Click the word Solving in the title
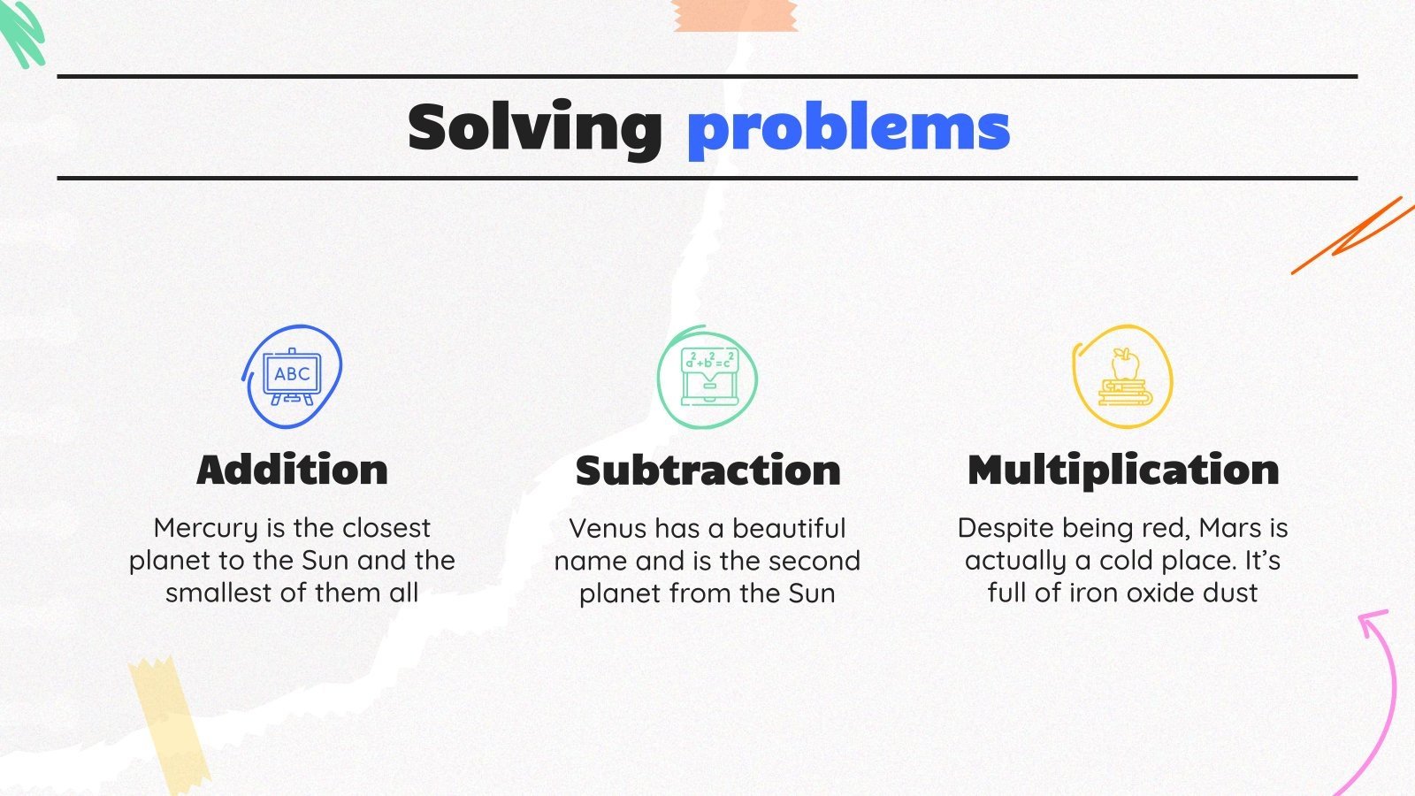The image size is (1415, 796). [x=534, y=128]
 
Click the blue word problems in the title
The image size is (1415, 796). [x=848, y=130]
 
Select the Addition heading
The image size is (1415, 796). [x=292, y=470]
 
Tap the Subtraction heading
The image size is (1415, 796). [x=707, y=471]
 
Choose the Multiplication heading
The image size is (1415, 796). [x=1123, y=470]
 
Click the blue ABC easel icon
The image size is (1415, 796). [x=292, y=377]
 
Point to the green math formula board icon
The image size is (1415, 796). [x=707, y=377]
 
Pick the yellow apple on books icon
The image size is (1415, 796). [x=1123, y=377]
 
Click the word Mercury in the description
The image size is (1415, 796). [x=205, y=529]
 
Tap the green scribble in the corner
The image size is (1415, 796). [x=21, y=32]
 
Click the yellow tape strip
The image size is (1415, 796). [x=168, y=721]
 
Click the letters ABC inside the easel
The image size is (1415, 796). [x=292, y=373]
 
